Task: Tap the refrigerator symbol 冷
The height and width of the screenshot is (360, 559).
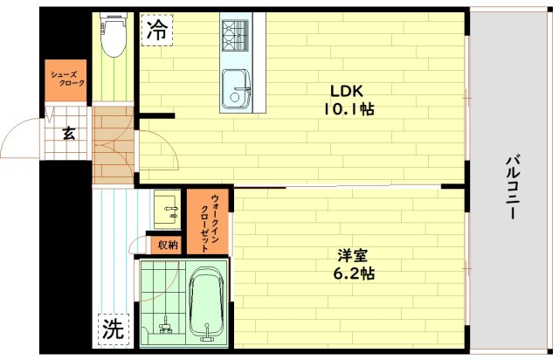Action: [x=157, y=32]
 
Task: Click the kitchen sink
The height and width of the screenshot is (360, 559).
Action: [x=235, y=87]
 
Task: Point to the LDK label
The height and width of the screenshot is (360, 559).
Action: [x=346, y=91]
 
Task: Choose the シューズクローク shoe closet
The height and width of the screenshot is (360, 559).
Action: [x=66, y=80]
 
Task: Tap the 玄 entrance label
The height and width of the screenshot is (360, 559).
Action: [x=68, y=134]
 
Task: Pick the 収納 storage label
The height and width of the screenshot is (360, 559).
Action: [x=168, y=245]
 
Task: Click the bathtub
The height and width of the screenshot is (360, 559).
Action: [x=206, y=302]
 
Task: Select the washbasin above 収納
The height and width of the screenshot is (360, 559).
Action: [x=168, y=210]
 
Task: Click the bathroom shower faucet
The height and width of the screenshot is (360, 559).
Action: [x=163, y=329]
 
